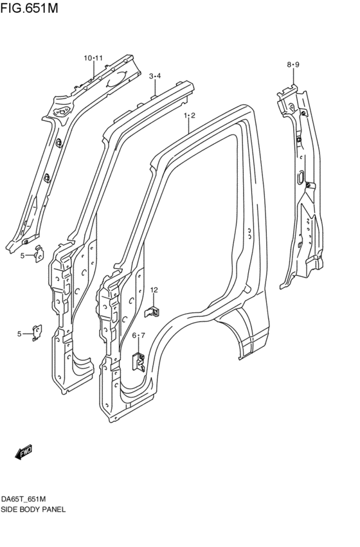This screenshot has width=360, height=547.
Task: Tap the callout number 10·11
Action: (x=93, y=58)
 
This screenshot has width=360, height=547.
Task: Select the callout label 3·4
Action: (x=155, y=76)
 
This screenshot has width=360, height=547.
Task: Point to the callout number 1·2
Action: (x=189, y=116)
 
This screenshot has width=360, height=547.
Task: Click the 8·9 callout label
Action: (x=293, y=64)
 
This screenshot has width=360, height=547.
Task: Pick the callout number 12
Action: (x=154, y=291)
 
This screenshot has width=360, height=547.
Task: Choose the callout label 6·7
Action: (x=139, y=336)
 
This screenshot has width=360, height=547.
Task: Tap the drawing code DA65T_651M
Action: (x=27, y=499)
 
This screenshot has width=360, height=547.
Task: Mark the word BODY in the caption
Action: (x=31, y=509)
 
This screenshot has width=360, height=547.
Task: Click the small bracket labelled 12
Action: (x=152, y=311)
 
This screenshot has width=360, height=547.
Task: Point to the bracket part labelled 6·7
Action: (x=138, y=361)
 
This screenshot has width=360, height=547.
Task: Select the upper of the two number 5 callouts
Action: (x=22, y=256)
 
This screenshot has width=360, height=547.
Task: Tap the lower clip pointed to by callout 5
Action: (x=37, y=332)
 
